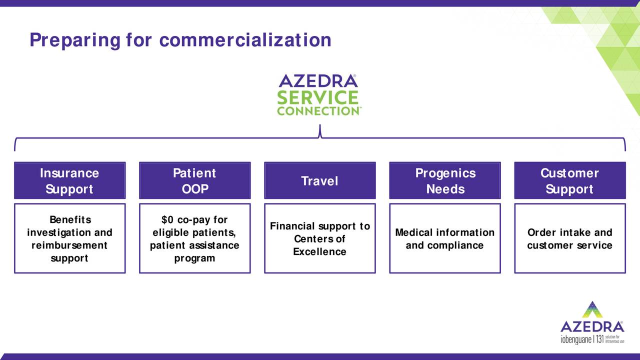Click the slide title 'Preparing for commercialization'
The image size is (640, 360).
pos(180,39)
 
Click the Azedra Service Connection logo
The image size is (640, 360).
pos(318,95)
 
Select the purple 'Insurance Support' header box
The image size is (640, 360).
pos(69,180)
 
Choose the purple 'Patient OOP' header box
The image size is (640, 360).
pos(194,180)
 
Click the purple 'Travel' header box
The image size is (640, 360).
pos(319,180)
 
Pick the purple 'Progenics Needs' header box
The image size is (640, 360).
pos(444,180)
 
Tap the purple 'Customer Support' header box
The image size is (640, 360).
pos(569,180)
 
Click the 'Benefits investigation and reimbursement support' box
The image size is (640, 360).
pos(69,238)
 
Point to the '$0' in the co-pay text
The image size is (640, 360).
pos(168,220)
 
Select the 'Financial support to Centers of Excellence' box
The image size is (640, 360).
pos(319,238)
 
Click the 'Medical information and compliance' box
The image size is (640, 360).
pos(444,238)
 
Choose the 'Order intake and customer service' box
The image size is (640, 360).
pos(569,238)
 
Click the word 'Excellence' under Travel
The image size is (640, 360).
pos(319,251)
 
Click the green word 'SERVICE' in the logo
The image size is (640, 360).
pos(318,97)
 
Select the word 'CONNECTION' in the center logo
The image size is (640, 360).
pos(317,111)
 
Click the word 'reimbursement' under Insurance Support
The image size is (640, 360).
pos(69,245)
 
